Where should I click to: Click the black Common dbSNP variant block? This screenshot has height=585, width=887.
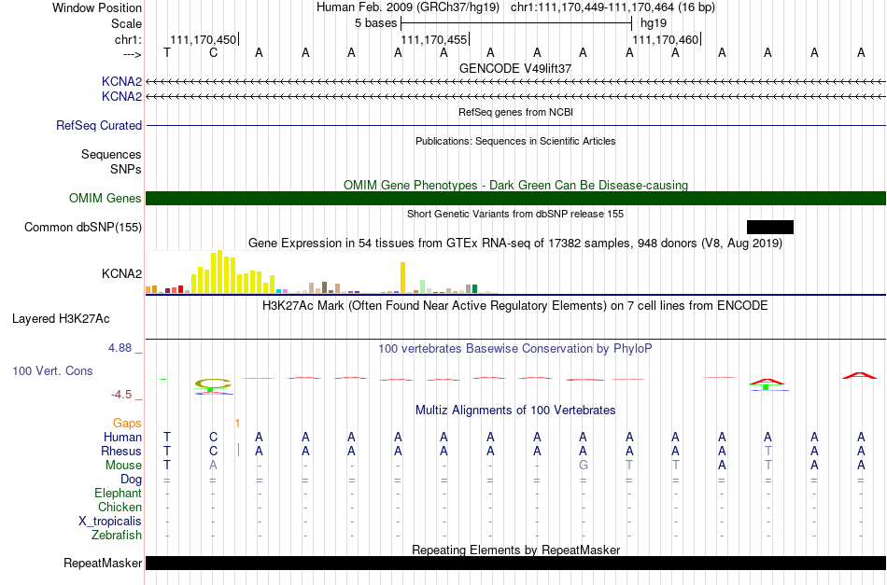click(770, 228)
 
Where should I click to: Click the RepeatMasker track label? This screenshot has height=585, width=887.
click(103, 563)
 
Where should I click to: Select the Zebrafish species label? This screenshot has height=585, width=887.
click(117, 535)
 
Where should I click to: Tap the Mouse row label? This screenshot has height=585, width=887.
click(123, 466)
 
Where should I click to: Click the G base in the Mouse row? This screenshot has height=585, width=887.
click(584, 466)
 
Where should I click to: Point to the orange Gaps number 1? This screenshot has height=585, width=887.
click(237, 423)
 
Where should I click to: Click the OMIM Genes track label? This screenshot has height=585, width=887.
click(106, 199)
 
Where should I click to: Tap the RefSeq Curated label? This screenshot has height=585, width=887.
click(99, 125)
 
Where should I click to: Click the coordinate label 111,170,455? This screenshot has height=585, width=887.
click(434, 39)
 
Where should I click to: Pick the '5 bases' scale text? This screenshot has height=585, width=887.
click(375, 23)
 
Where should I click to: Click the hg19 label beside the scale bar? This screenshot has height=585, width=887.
click(654, 23)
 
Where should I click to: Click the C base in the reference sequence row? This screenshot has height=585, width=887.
click(213, 52)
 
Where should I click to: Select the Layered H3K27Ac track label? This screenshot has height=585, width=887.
click(61, 319)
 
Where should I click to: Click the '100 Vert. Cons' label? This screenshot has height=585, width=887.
click(52, 370)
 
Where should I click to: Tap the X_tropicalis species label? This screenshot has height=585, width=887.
click(110, 522)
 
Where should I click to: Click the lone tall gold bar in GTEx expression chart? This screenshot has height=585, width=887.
click(402, 277)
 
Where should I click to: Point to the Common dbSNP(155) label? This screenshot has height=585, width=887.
click(83, 228)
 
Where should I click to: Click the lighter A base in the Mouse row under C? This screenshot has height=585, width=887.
click(213, 466)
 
